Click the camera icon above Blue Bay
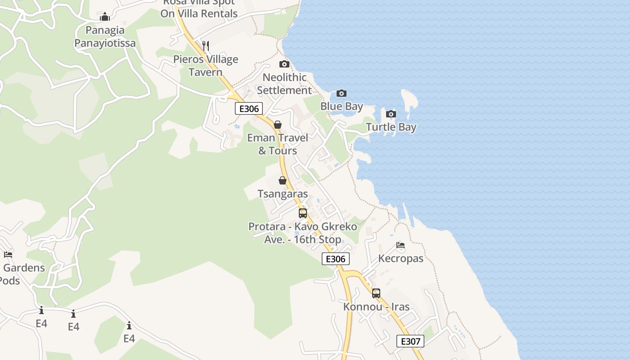[x=342, y=94]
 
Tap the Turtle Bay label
[x=391, y=127]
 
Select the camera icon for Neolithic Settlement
[x=284, y=64]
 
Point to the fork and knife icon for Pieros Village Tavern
[x=206, y=45]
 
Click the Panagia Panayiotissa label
[x=105, y=37]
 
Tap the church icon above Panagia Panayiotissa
[x=105, y=17]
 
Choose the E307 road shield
[x=410, y=341]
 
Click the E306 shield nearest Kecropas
[x=336, y=259]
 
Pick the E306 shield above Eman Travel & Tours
[x=248, y=108]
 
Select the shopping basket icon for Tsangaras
[x=283, y=180]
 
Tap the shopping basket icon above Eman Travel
[x=278, y=125]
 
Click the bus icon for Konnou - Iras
[x=376, y=293]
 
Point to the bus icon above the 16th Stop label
[x=303, y=213]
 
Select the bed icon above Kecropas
[x=400, y=245]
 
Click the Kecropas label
[x=400, y=258]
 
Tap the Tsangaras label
[x=283, y=194]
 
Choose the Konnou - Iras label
[x=376, y=307]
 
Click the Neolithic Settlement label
[x=284, y=84]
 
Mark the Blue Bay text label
[x=342, y=107]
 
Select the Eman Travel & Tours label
[x=278, y=144]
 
